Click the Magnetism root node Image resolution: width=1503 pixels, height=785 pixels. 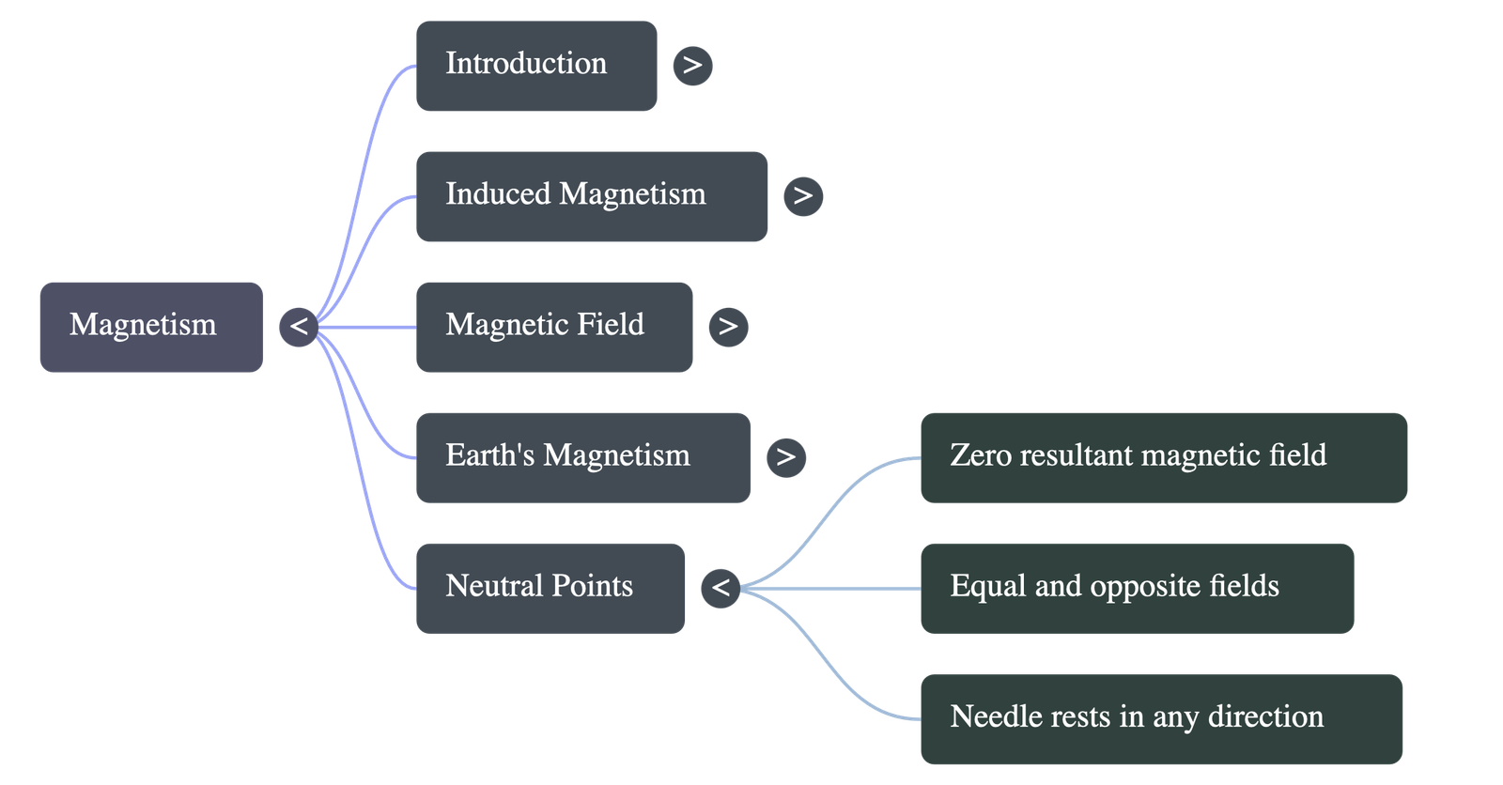(x=150, y=327)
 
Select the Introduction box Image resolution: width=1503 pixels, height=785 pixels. (x=535, y=66)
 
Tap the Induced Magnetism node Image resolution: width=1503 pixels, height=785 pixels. (x=591, y=196)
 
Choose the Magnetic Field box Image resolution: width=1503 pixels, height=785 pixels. (x=553, y=327)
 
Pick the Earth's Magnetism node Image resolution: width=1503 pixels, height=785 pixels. (x=582, y=457)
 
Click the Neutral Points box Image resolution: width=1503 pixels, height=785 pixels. (x=550, y=588)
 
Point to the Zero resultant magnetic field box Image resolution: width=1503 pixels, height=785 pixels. (x=1163, y=457)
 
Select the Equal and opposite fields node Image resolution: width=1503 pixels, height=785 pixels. (x=1137, y=588)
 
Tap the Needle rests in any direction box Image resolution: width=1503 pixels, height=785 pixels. (x=1161, y=718)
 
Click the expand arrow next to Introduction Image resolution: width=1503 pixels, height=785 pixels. (x=692, y=66)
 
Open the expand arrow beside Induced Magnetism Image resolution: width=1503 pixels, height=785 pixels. (x=802, y=196)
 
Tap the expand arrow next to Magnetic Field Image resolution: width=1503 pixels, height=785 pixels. (x=727, y=327)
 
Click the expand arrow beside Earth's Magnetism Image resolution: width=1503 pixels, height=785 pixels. (x=785, y=457)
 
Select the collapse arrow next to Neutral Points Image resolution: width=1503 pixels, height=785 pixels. (x=721, y=588)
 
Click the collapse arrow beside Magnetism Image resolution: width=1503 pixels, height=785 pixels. (x=299, y=327)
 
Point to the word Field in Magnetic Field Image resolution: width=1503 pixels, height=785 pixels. (x=609, y=325)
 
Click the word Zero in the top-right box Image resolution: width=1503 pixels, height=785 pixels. (x=980, y=455)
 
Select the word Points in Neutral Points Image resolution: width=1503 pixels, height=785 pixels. (x=592, y=586)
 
